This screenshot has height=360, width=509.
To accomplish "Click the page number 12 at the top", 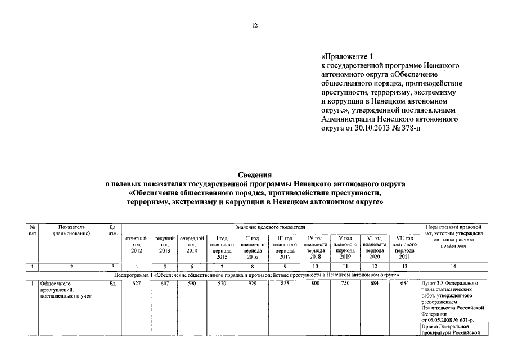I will pyautogui.click(x=254, y=25).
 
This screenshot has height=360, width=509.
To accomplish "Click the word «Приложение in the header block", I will pyautogui.click(x=343, y=57).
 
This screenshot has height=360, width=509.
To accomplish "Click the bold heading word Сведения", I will pyautogui.click(x=255, y=175).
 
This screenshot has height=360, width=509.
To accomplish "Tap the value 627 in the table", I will pyautogui.click(x=136, y=283).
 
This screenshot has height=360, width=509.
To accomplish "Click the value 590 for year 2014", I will pyautogui.click(x=191, y=283).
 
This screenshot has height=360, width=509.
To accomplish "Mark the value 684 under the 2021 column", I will pyautogui.click(x=404, y=283).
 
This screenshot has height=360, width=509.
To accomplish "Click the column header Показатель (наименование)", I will pyautogui.click(x=70, y=229).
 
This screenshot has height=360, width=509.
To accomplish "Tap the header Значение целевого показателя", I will pyautogui.click(x=270, y=226).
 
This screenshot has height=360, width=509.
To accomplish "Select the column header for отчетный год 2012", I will pyautogui.click(x=136, y=245).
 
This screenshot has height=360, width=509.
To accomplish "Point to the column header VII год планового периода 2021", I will pyautogui.click(x=404, y=247).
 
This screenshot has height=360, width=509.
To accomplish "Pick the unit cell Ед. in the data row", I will pyautogui.click(x=113, y=283).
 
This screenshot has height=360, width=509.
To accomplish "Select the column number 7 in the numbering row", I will pyautogui.click(x=222, y=266).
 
